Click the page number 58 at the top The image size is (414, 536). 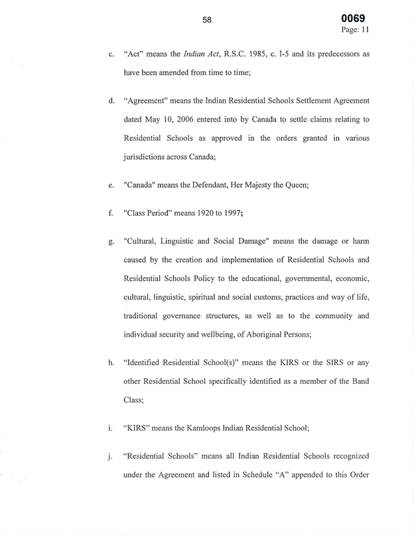tap(207, 20)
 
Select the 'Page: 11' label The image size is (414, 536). tap(355, 30)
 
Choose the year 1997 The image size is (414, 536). tap(236, 215)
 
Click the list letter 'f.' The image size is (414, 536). tap(109, 215)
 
